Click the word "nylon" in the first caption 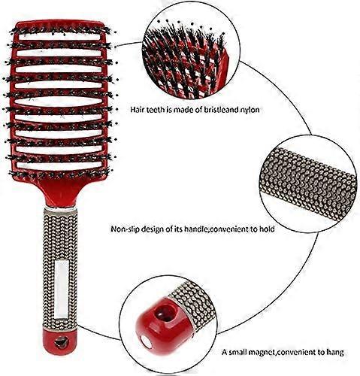tap(248, 110)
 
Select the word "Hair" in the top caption tap(138, 110)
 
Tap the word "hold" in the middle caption tap(267, 229)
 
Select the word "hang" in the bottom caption tap(335, 352)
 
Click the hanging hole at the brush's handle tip tap(62, 342)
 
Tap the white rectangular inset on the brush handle tap(61, 290)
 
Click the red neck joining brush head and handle tap(59, 193)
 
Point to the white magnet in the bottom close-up tap(144, 341)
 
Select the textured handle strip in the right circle tap(309, 183)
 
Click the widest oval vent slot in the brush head tap(59, 102)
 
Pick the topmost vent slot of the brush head tap(59, 37)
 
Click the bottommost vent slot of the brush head tap(59, 165)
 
